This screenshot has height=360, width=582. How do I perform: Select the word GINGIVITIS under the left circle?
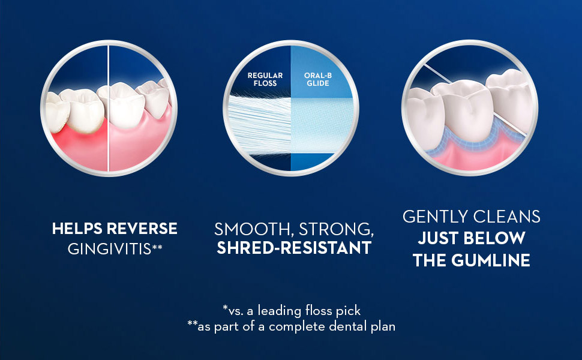point(109,248)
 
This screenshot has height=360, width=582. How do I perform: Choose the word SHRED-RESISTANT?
point(294,248)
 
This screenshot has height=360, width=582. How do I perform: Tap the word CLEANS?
point(509,217)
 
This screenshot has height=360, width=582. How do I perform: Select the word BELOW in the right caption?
point(496,238)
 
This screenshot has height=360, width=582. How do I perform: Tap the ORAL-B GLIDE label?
point(318,79)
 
